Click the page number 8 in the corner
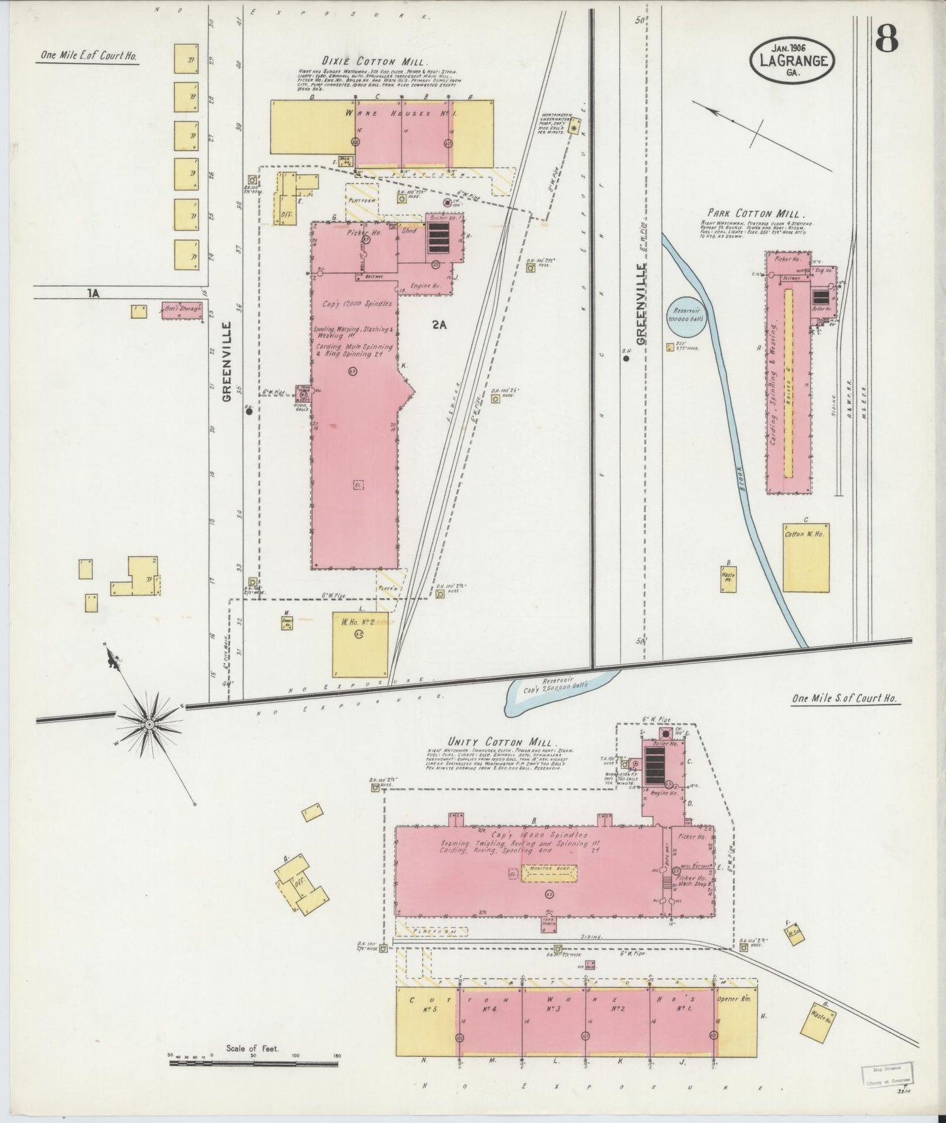886,41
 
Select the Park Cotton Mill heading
756,214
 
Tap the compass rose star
149,723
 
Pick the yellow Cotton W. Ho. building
807,557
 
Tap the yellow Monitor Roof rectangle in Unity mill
549,873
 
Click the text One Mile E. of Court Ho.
88,56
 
